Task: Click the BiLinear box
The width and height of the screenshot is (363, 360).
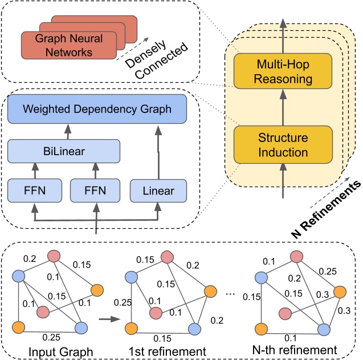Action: tap(64, 152)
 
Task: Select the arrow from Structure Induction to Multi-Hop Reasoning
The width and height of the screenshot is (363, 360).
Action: tap(283, 108)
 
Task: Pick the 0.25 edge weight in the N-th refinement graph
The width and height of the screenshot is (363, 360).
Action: tap(327, 270)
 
